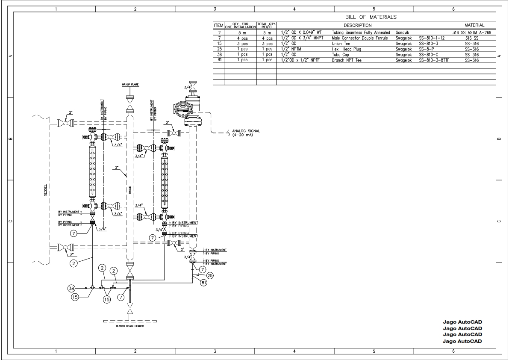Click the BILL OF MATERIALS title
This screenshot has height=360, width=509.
pos(371,17)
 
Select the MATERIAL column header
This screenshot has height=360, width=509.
pos(472,25)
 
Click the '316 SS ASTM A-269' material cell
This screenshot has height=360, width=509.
pos(472,32)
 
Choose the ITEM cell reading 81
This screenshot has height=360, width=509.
pos(219,60)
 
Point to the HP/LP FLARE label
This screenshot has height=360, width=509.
pos(129,85)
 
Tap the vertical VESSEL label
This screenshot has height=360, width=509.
pos(45,190)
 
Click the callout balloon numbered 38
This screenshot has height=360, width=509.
pos(72,288)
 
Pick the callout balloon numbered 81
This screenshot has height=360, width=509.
pos(203,283)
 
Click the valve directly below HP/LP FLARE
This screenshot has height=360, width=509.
pos(129,103)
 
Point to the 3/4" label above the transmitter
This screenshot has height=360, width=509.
pos(188,88)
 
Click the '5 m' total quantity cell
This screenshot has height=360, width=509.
pos(267,32)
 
